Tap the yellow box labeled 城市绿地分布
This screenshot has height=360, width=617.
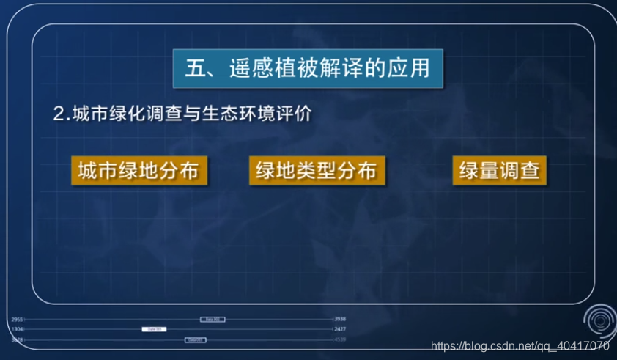[x=138, y=170]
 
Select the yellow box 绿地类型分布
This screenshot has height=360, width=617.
[x=317, y=170]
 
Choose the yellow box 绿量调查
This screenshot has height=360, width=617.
[x=500, y=170]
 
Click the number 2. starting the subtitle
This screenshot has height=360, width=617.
[x=61, y=115]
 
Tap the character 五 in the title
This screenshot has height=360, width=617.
[x=193, y=70]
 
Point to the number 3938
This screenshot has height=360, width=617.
[x=340, y=320]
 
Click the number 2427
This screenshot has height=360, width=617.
[x=340, y=329]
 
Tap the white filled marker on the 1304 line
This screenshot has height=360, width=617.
[x=154, y=329]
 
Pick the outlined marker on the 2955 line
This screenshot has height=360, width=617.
[x=213, y=320]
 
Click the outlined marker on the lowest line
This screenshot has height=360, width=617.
[x=195, y=340]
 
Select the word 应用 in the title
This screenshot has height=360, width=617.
[x=420, y=70]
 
